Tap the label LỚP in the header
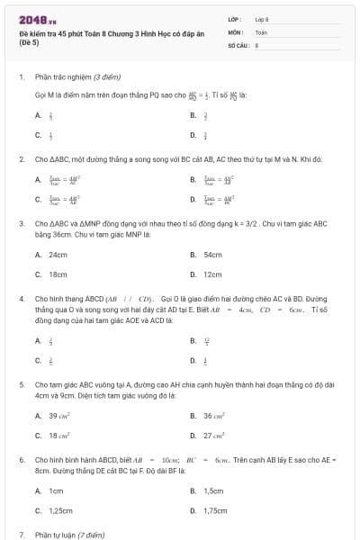[x=235, y=19]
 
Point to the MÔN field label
[x=236, y=31]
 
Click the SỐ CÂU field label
[x=238, y=43]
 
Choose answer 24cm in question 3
[x=58, y=255]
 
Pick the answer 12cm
[x=212, y=274]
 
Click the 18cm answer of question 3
[x=58, y=274]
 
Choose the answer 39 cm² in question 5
[x=59, y=416]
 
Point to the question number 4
[x=21, y=297]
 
